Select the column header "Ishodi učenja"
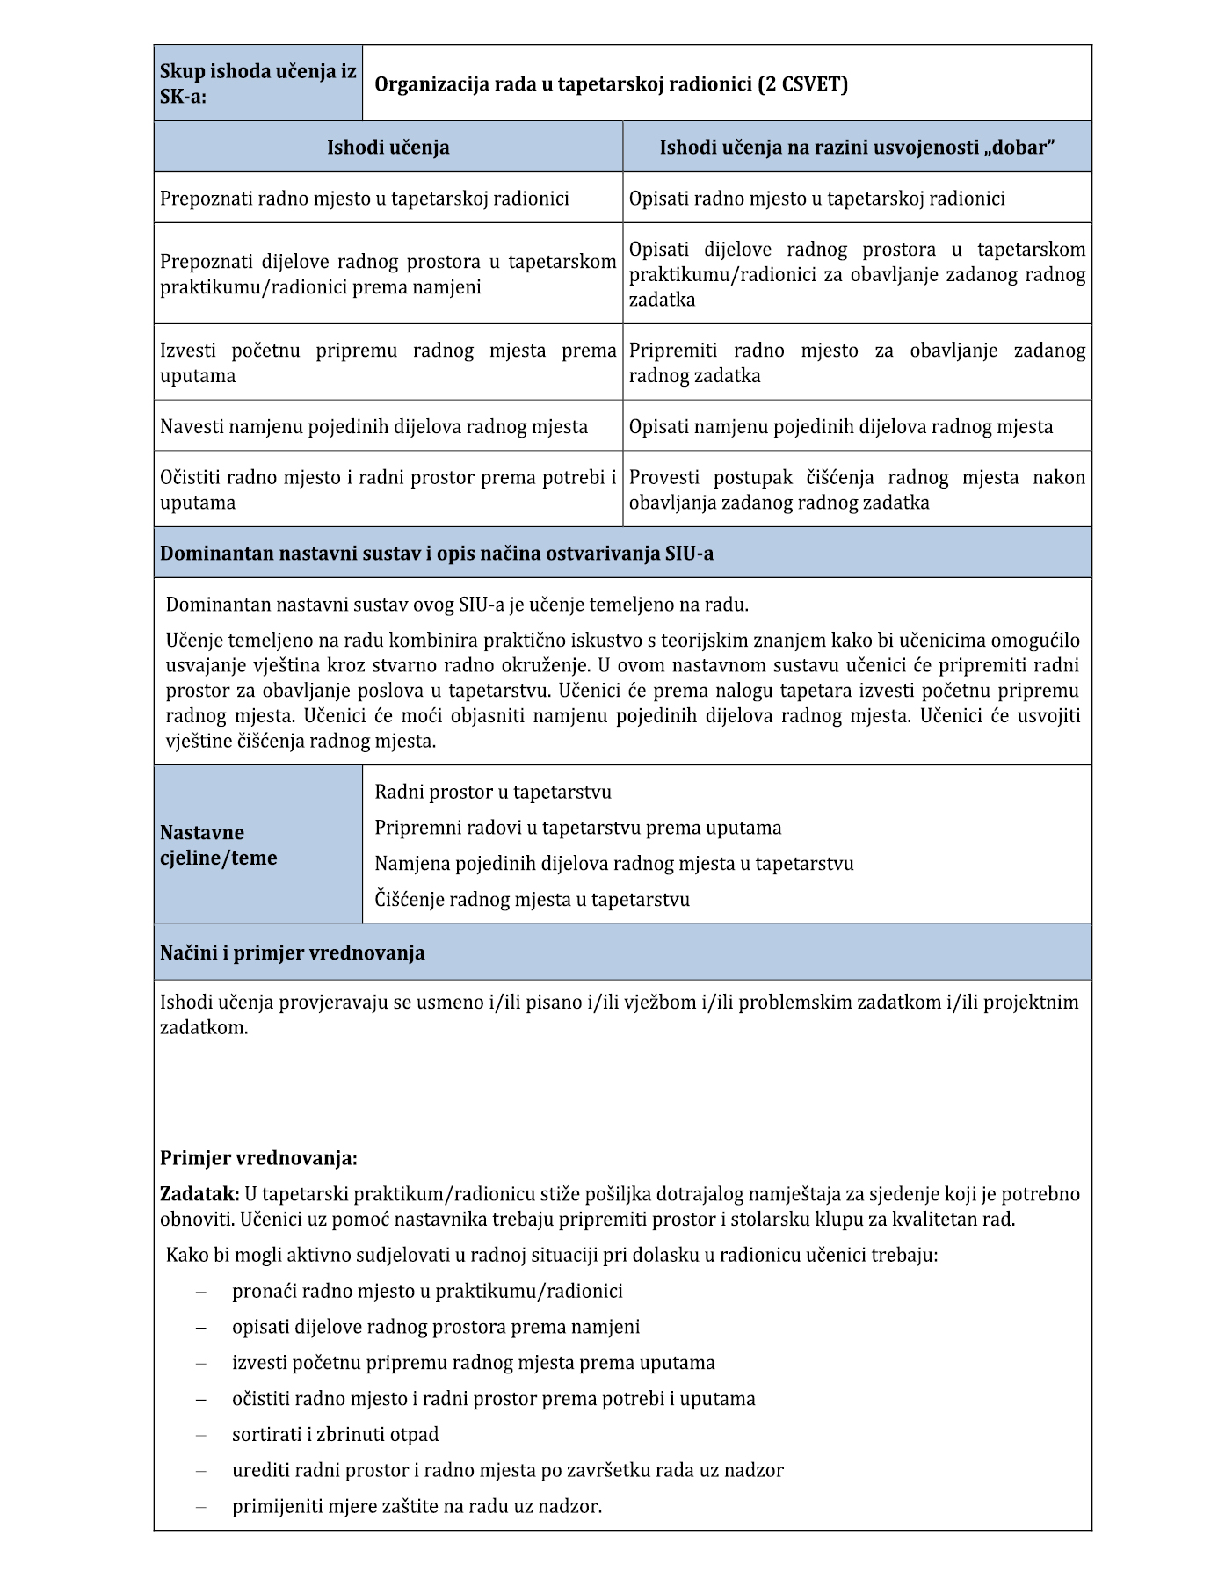click(x=388, y=148)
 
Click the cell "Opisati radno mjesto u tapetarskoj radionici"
click(x=816, y=199)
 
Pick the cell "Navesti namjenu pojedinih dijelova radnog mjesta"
click(x=373, y=427)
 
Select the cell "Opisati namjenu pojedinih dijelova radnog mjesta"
click(x=840, y=427)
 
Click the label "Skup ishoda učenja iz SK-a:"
click(x=257, y=83)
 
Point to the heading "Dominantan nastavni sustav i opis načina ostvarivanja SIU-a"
click(x=437, y=554)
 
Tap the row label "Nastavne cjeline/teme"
click(x=218, y=845)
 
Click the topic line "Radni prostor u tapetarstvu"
click(x=493, y=793)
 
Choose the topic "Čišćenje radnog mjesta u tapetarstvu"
click(x=532, y=900)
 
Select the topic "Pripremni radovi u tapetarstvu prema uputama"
click(x=577, y=828)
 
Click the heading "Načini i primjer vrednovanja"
click(x=292, y=953)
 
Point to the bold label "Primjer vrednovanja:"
click(x=258, y=1158)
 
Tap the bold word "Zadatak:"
click(x=199, y=1194)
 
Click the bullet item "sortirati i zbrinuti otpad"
click(x=335, y=1435)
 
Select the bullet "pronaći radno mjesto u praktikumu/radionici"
click(x=427, y=1291)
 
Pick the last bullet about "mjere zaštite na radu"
click(x=417, y=1506)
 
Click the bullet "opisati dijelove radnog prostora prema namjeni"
click(x=436, y=1327)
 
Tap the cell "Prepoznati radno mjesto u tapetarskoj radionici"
click(x=364, y=199)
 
